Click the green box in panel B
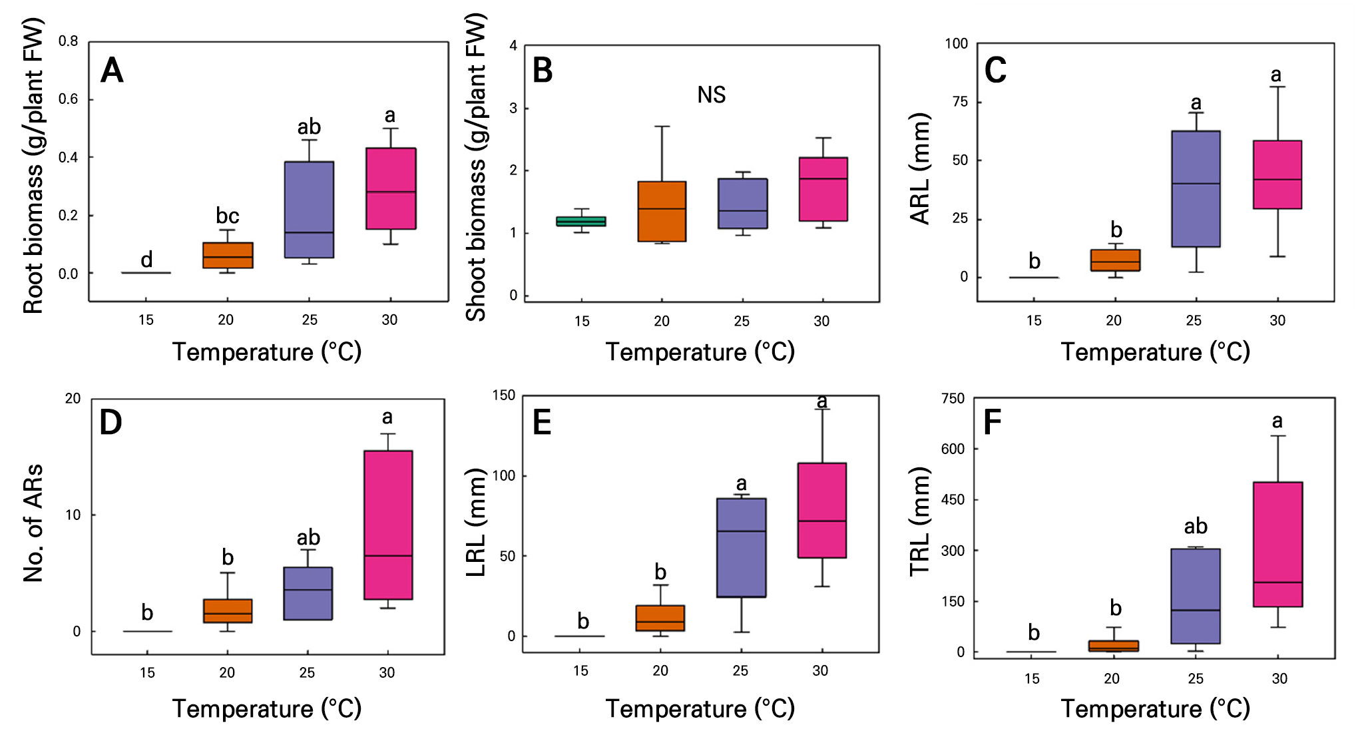(x=581, y=221)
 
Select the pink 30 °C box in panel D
(x=388, y=525)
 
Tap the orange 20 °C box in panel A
(x=228, y=255)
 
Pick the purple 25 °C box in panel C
(x=1196, y=188)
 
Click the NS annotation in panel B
(x=711, y=95)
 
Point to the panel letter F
(x=992, y=422)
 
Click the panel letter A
(x=112, y=71)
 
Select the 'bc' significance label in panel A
(x=228, y=216)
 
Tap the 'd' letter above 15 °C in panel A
(x=146, y=259)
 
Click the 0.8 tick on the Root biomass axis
(x=68, y=41)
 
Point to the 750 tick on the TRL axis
(x=953, y=398)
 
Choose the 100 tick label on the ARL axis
(x=957, y=44)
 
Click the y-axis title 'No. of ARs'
(x=33, y=523)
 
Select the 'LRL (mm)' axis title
(x=476, y=523)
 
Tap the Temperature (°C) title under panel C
(x=1155, y=352)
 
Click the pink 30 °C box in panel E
(x=822, y=510)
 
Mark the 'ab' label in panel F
(x=1196, y=526)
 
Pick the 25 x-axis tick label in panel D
(x=307, y=672)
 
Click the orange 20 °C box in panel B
(x=662, y=211)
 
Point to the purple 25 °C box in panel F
(x=1196, y=596)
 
